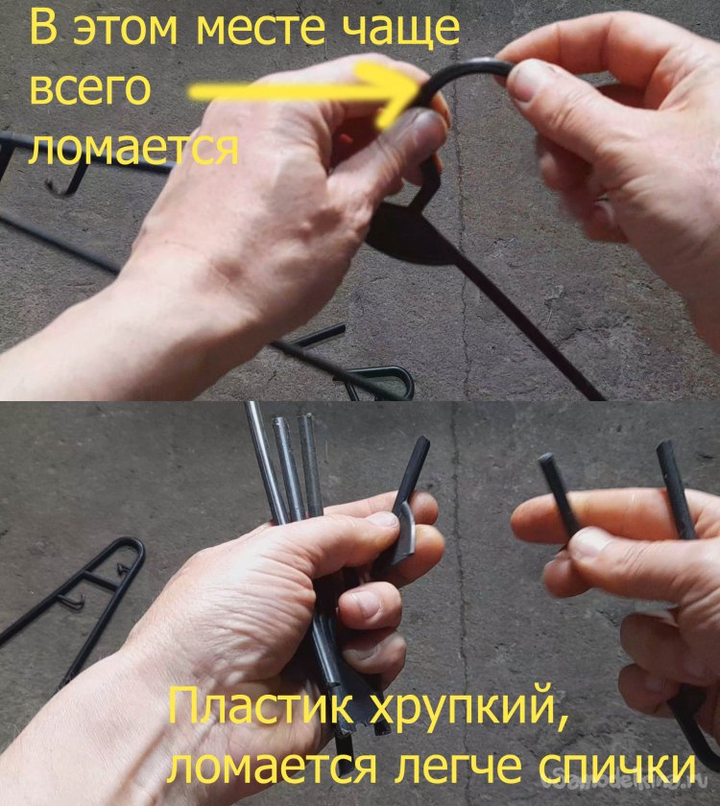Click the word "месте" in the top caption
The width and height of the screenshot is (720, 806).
pos(261,30)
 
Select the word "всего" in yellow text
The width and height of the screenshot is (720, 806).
pos(90,90)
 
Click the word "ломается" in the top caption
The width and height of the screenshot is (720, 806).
pos(133,149)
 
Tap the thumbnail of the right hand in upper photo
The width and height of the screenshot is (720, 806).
pos(528,82)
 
